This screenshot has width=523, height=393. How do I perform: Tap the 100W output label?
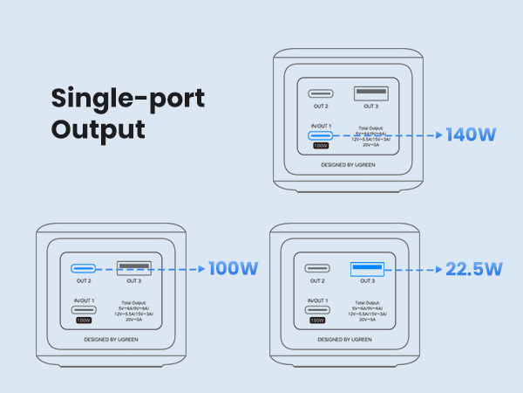(233, 268)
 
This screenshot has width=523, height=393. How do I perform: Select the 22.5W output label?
(473, 269)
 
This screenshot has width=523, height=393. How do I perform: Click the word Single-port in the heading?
(127, 98)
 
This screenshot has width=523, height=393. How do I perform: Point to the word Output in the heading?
(97, 130)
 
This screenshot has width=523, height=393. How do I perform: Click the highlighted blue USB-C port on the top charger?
(321, 135)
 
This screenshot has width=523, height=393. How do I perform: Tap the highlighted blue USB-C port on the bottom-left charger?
(84, 268)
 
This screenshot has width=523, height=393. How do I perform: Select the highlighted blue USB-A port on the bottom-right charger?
(369, 268)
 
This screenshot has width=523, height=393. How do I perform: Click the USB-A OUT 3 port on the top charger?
(369, 93)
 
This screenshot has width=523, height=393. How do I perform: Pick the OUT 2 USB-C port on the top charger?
(321, 93)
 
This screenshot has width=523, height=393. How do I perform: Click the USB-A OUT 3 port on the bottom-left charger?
(132, 268)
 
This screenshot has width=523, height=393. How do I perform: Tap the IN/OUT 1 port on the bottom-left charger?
(84, 310)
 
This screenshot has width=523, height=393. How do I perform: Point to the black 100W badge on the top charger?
(321, 147)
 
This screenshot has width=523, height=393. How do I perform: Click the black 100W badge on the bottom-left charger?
(84, 321)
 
